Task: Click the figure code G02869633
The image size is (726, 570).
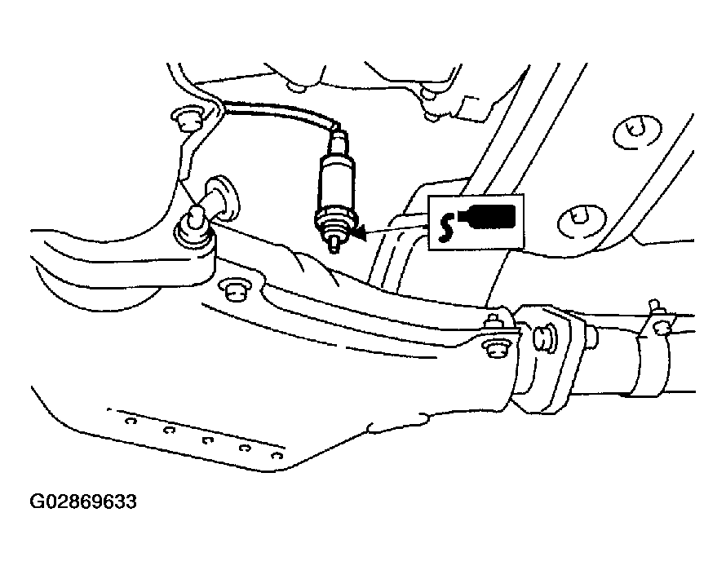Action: pos(83,502)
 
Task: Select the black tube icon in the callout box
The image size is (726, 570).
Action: pos(487,216)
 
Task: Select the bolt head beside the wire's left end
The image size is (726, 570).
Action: pos(187,119)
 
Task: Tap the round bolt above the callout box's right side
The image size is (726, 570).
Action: pos(637,131)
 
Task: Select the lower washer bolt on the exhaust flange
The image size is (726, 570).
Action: pos(494,349)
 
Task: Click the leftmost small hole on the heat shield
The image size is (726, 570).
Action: pos(131,421)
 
